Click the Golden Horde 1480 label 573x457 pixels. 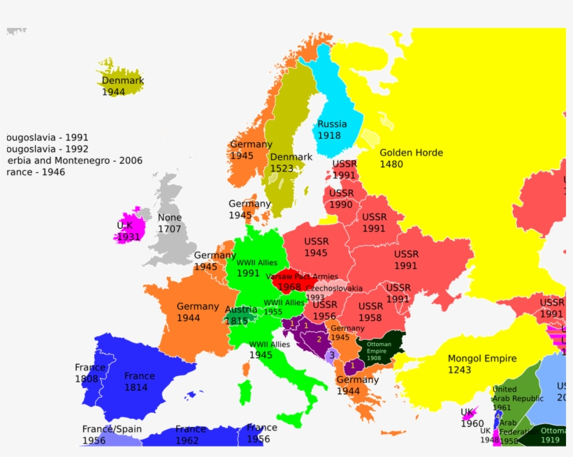tap(411, 158)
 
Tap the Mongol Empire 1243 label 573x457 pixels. tap(482, 364)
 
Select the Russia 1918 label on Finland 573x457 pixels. tap(332, 130)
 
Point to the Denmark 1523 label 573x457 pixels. tap(291, 163)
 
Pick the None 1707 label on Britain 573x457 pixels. tap(170, 223)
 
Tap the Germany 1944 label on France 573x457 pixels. tap(198, 312)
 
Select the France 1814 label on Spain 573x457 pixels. tap(139, 382)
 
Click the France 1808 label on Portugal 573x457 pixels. tap(89, 373)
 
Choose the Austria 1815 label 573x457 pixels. tap(240, 315)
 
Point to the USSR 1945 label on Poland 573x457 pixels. tap(316, 247)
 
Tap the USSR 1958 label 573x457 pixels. tap(370, 312)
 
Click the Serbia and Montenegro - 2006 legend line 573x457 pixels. tap(73, 160)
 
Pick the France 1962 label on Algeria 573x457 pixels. tap(190, 435)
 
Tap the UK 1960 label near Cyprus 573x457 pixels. tap(472, 418)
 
